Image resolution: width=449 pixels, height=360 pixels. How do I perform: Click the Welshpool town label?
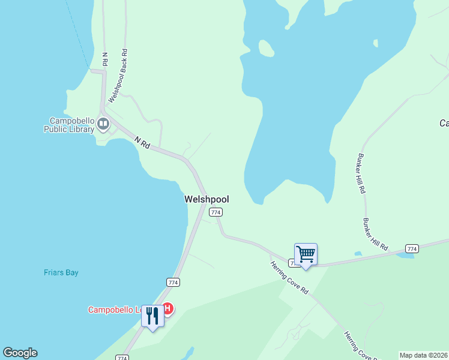click(x=206, y=199)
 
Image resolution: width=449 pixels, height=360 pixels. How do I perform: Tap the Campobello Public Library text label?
click(x=70, y=124)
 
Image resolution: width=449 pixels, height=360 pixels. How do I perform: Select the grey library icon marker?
click(x=103, y=124)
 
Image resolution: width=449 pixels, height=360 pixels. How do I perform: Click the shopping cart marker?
click(x=306, y=254)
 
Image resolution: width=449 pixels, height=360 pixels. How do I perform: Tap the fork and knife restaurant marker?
click(x=152, y=316)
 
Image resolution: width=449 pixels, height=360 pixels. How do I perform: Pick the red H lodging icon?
click(x=168, y=308)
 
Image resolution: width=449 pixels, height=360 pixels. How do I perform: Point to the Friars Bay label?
click(x=61, y=272)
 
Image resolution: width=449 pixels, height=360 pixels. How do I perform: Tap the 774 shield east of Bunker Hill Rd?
click(x=412, y=248)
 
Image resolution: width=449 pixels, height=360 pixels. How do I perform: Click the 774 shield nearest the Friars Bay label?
click(x=173, y=282)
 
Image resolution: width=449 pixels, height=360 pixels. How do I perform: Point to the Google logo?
click(x=20, y=353)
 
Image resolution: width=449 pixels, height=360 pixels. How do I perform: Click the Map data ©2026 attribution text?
click(x=424, y=355)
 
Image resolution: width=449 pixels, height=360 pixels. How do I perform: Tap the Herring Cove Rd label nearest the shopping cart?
click(x=289, y=277)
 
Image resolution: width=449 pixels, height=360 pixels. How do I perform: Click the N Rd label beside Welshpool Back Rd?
click(x=106, y=59)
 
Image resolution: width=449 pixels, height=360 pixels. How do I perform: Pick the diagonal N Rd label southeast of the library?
click(x=142, y=143)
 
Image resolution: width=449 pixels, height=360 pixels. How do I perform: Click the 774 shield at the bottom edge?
click(x=122, y=358)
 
